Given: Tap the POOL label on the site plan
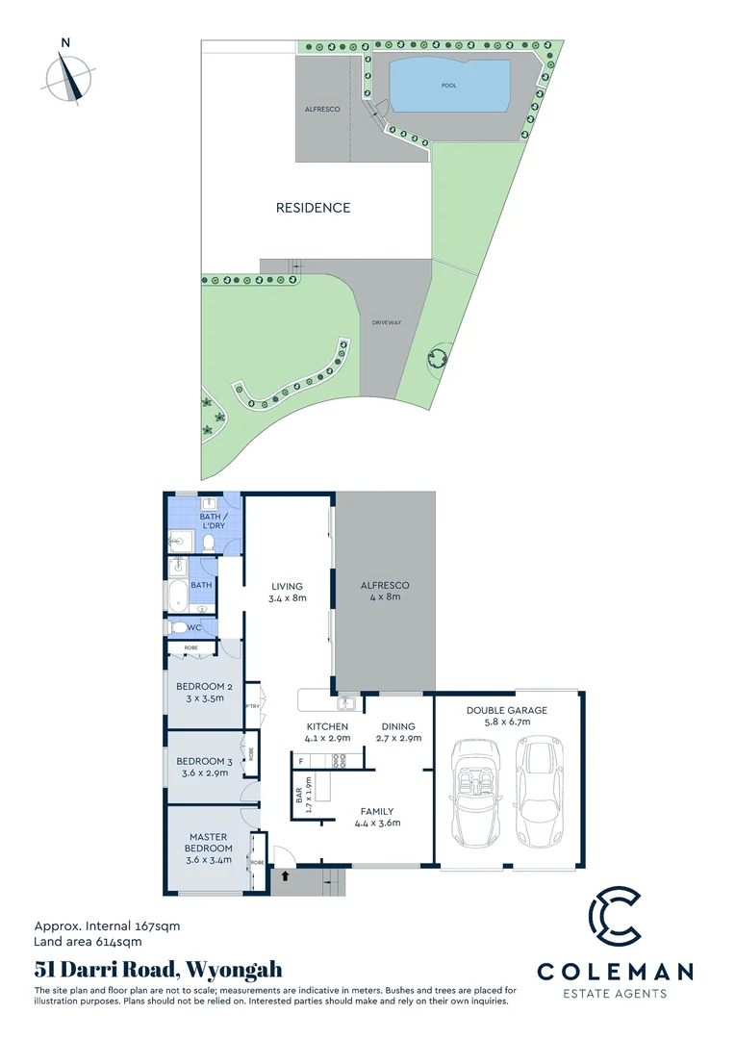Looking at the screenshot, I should coord(448,86).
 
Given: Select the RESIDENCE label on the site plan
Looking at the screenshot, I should coord(313,208).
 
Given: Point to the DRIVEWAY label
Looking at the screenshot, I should coord(387,322).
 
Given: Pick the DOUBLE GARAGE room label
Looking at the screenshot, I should coord(506,711).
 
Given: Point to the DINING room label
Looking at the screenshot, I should coord(397,726).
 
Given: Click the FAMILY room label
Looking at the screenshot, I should coord(377,811).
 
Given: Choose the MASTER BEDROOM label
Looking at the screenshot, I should coord(208,843).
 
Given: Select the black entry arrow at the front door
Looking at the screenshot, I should coord(285,876).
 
